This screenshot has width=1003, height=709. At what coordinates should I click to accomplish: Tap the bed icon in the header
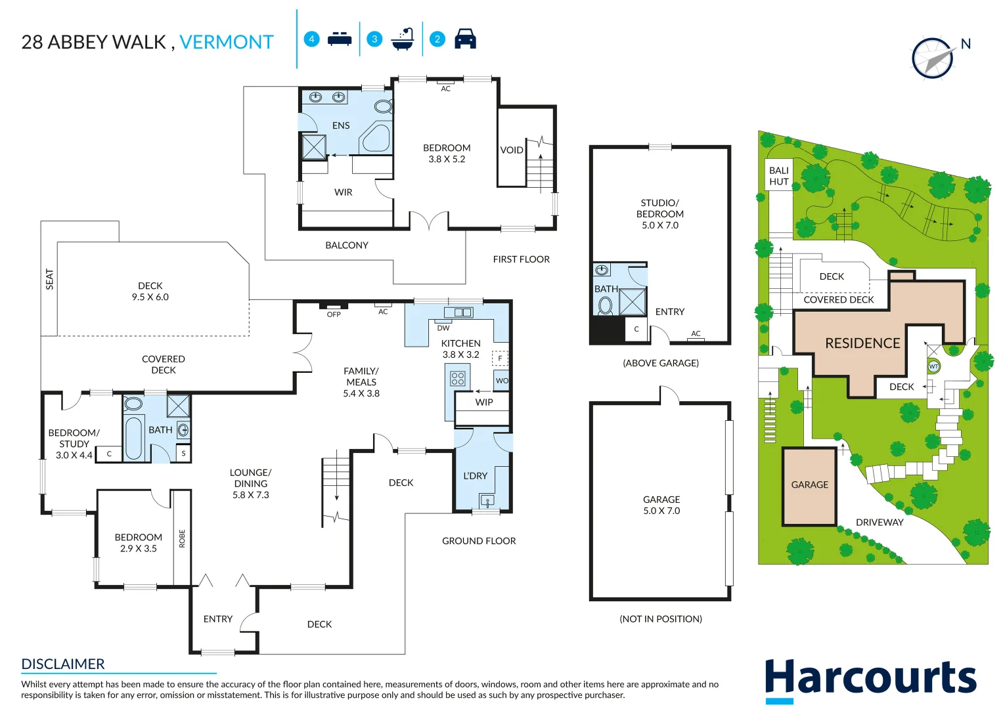click(340, 39)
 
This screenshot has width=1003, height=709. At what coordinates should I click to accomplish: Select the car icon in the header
click(465, 39)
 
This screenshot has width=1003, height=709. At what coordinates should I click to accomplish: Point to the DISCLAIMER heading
click(63, 664)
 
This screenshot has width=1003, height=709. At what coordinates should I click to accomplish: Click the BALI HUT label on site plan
click(779, 176)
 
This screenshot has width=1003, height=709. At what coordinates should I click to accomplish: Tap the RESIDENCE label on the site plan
click(862, 343)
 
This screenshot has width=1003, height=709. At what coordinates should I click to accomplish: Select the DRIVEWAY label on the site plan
click(879, 523)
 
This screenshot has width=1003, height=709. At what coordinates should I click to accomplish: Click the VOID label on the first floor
click(512, 150)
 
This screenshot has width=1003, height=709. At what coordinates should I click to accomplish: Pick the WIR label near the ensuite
click(343, 192)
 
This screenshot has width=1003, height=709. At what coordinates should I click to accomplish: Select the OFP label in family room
click(334, 314)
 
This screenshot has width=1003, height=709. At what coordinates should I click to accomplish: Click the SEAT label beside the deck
click(50, 279)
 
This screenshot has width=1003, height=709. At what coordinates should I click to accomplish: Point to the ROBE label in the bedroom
click(182, 538)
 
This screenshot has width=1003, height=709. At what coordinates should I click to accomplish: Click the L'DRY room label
click(475, 476)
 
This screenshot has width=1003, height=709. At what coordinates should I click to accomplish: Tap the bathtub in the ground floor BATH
click(134, 438)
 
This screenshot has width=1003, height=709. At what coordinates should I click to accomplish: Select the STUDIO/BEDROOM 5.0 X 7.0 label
click(659, 214)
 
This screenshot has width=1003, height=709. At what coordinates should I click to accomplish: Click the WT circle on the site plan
click(933, 366)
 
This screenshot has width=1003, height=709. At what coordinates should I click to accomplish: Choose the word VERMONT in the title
click(226, 42)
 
